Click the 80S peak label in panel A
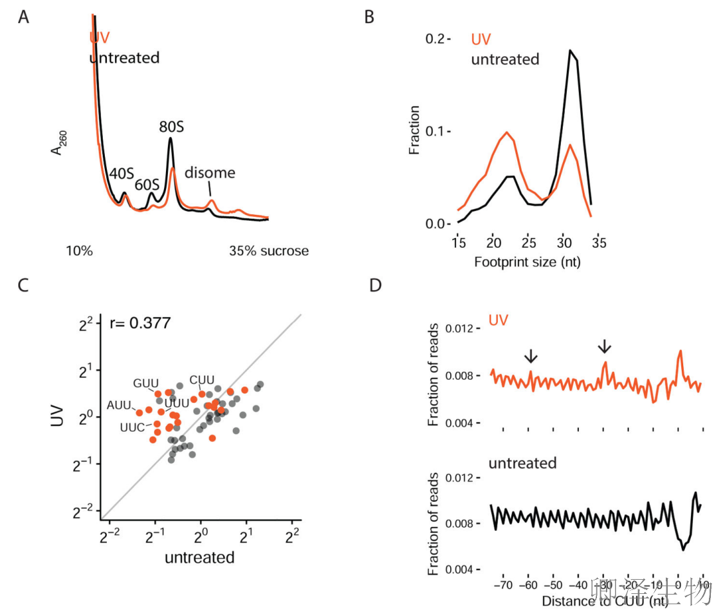[172, 127]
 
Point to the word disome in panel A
[210, 172]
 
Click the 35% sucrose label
[269, 251]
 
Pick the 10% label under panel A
[79, 251]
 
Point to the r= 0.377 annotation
[139, 323]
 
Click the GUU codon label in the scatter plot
[145, 384]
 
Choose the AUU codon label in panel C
[120, 405]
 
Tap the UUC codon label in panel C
[133, 427]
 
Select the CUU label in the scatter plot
[201, 380]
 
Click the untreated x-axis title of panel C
[199, 557]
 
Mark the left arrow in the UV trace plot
[530, 355]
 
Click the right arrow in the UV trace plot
[604, 347]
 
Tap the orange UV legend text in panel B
[481, 39]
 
